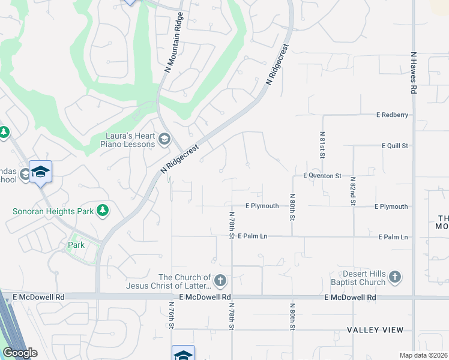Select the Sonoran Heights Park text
(x=53, y=211)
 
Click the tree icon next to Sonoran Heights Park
(x=103, y=210)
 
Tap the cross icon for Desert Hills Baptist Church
(x=394, y=277)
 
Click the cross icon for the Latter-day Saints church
(x=220, y=280)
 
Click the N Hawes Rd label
(x=414, y=72)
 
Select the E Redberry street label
(x=392, y=115)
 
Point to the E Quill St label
(x=394, y=146)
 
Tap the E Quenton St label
(x=322, y=176)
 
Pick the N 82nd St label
(x=353, y=191)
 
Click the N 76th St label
(x=171, y=314)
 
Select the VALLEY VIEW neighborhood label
(x=378, y=330)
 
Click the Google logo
(x=20, y=353)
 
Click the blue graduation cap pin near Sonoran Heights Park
(x=40, y=172)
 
